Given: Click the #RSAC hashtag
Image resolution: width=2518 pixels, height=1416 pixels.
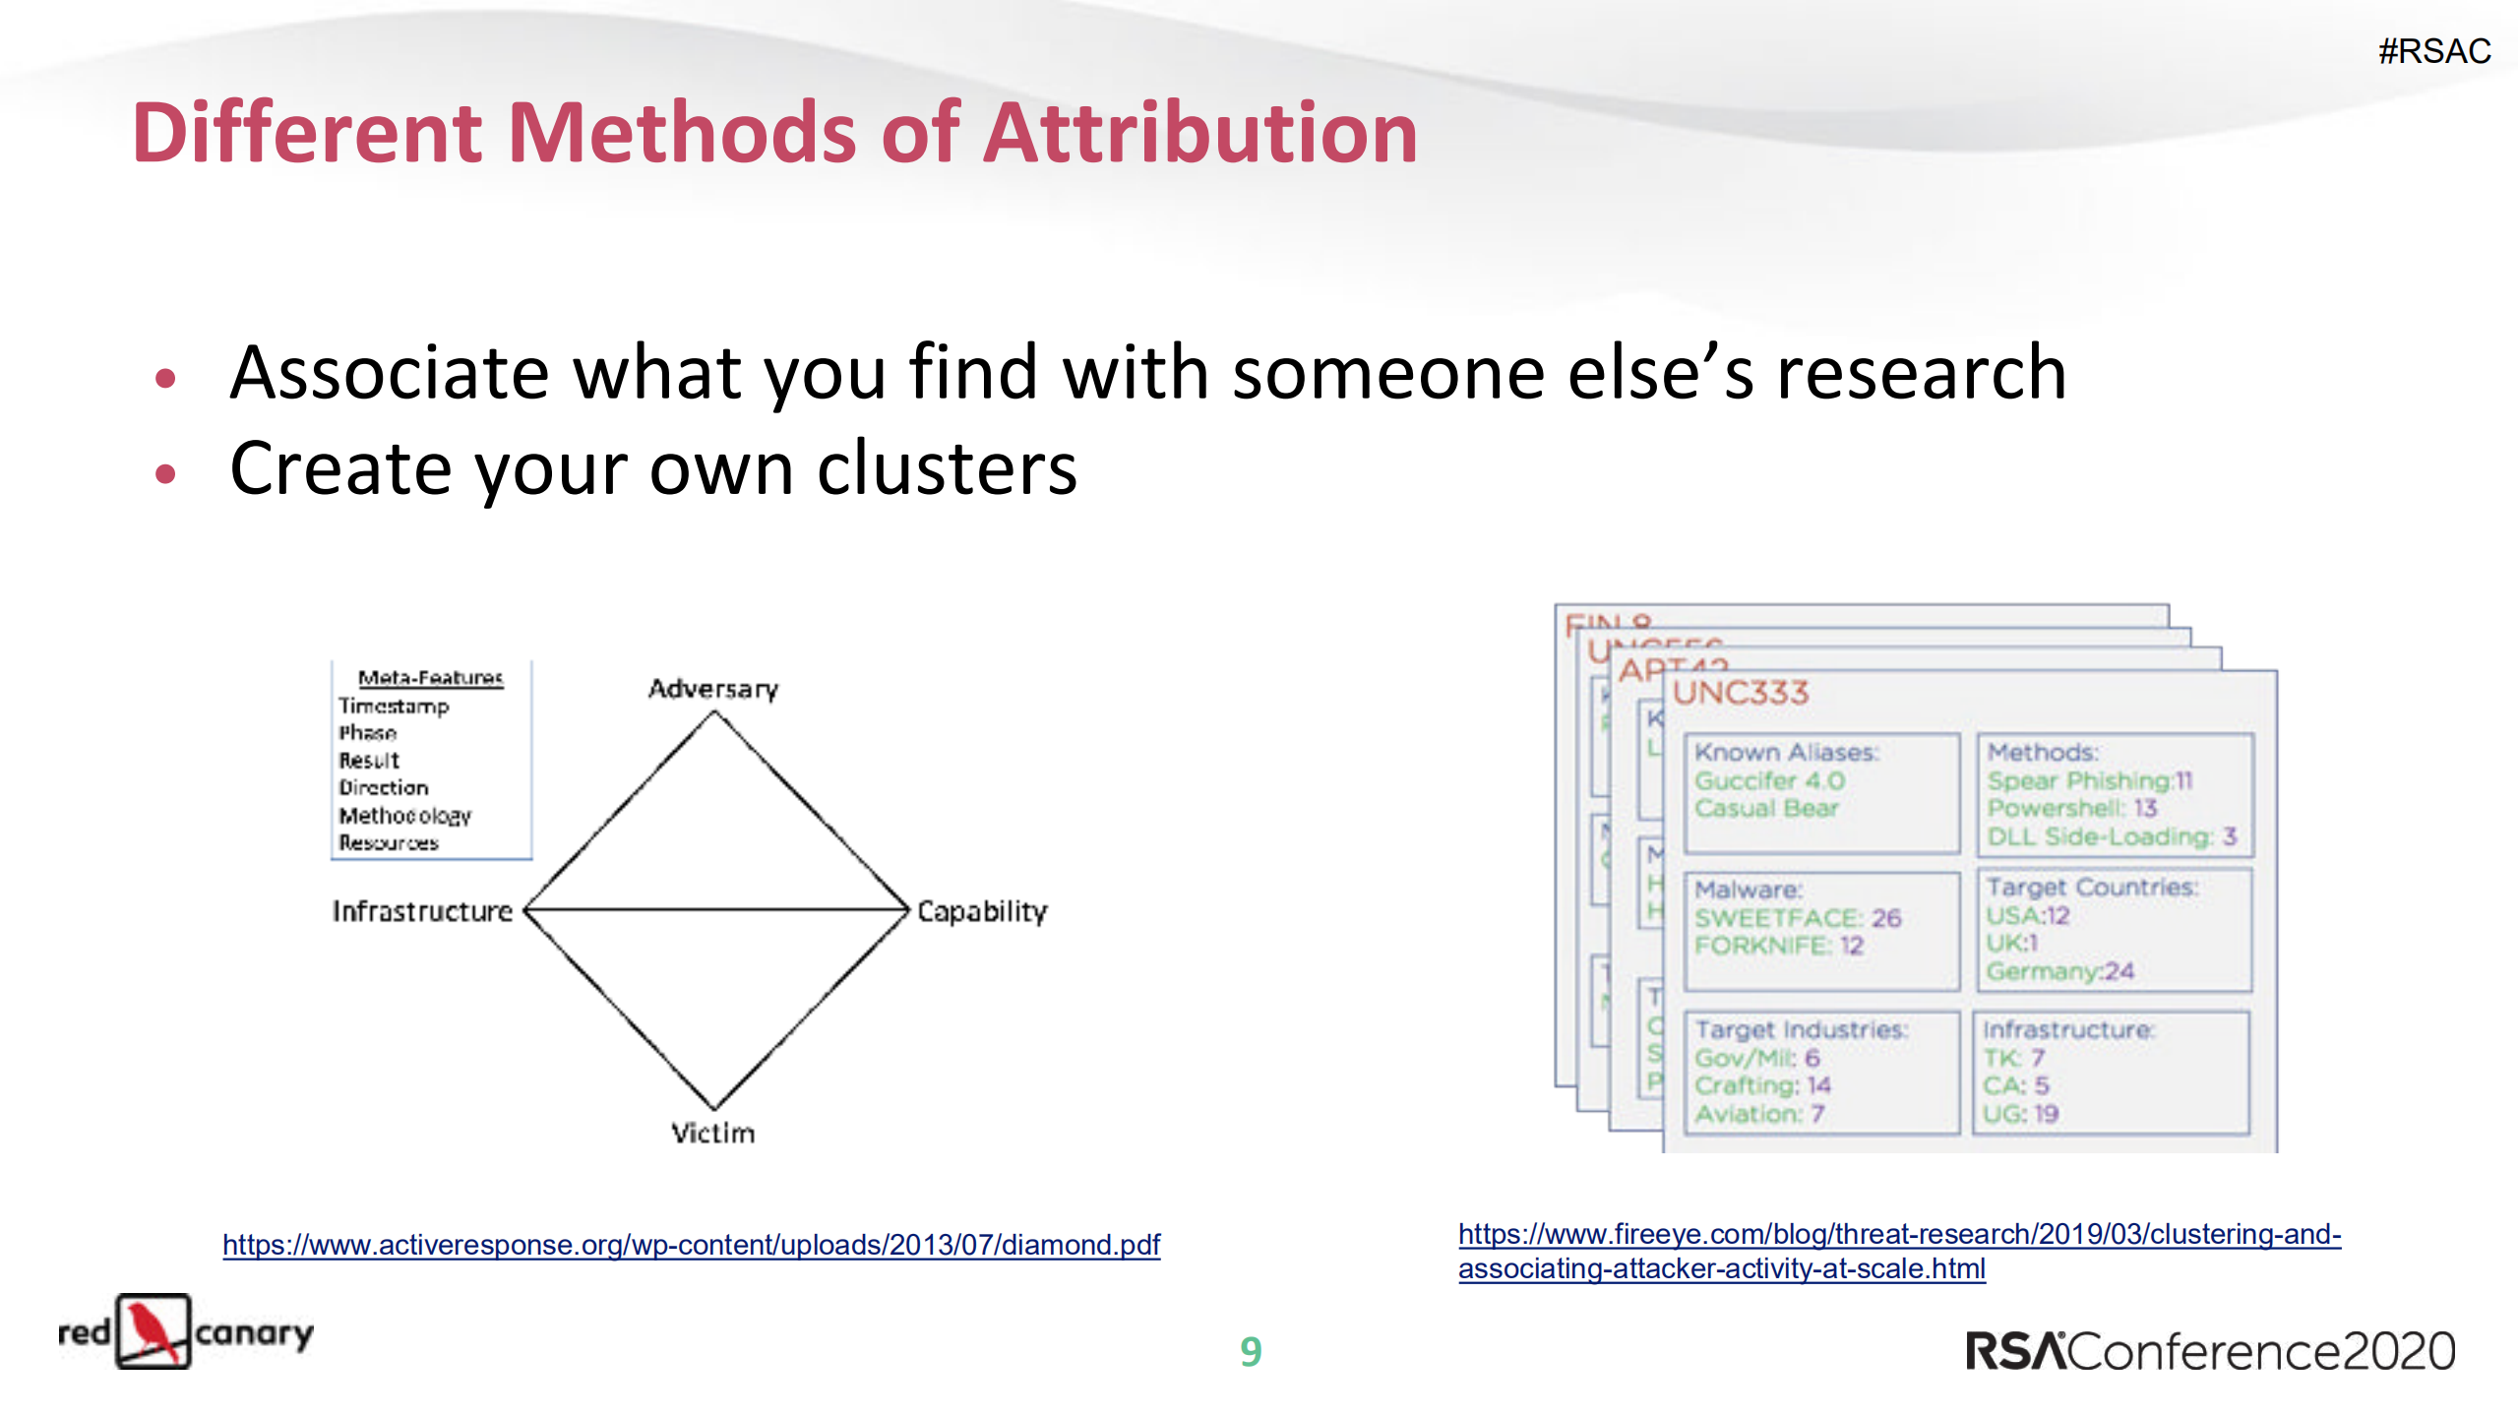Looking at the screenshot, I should click(x=2433, y=51).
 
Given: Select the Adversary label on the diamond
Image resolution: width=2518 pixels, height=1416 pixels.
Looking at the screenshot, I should click(x=712, y=689).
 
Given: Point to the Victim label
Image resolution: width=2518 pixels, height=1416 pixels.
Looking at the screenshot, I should click(x=712, y=1133).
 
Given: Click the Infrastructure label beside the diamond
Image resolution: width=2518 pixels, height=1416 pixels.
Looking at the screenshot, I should click(x=422, y=911).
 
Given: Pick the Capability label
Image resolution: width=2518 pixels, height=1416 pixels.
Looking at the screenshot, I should click(x=982, y=911).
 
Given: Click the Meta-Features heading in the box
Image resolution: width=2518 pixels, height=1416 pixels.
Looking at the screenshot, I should click(x=430, y=677).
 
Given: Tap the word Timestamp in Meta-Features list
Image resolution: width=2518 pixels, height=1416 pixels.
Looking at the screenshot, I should click(x=394, y=706).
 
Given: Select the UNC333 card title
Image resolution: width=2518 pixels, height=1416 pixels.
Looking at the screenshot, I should click(x=1741, y=693).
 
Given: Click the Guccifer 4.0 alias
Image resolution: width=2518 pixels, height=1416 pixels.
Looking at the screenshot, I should click(x=1769, y=780).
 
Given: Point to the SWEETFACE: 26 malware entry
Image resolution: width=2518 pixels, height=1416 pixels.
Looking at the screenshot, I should click(x=1797, y=917).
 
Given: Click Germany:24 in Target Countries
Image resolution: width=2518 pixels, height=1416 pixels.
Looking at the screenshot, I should click(x=2059, y=971).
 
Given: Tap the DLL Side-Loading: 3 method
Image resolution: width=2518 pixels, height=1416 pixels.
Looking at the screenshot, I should click(x=2112, y=836).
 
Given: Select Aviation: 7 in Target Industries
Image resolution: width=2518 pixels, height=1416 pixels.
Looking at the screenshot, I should click(x=1759, y=1114).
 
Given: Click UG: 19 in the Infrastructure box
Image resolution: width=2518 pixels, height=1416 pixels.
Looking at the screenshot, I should click(x=2020, y=1114).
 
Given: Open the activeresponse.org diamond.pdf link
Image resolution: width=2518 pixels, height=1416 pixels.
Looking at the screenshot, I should click(x=691, y=1245).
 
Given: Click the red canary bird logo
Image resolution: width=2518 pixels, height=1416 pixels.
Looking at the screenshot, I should click(x=154, y=1331).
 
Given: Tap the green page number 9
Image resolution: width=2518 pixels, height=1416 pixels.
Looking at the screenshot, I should click(x=1251, y=1351).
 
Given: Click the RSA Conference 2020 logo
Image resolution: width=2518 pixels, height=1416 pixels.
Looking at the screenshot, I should click(x=2210, y=1351).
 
